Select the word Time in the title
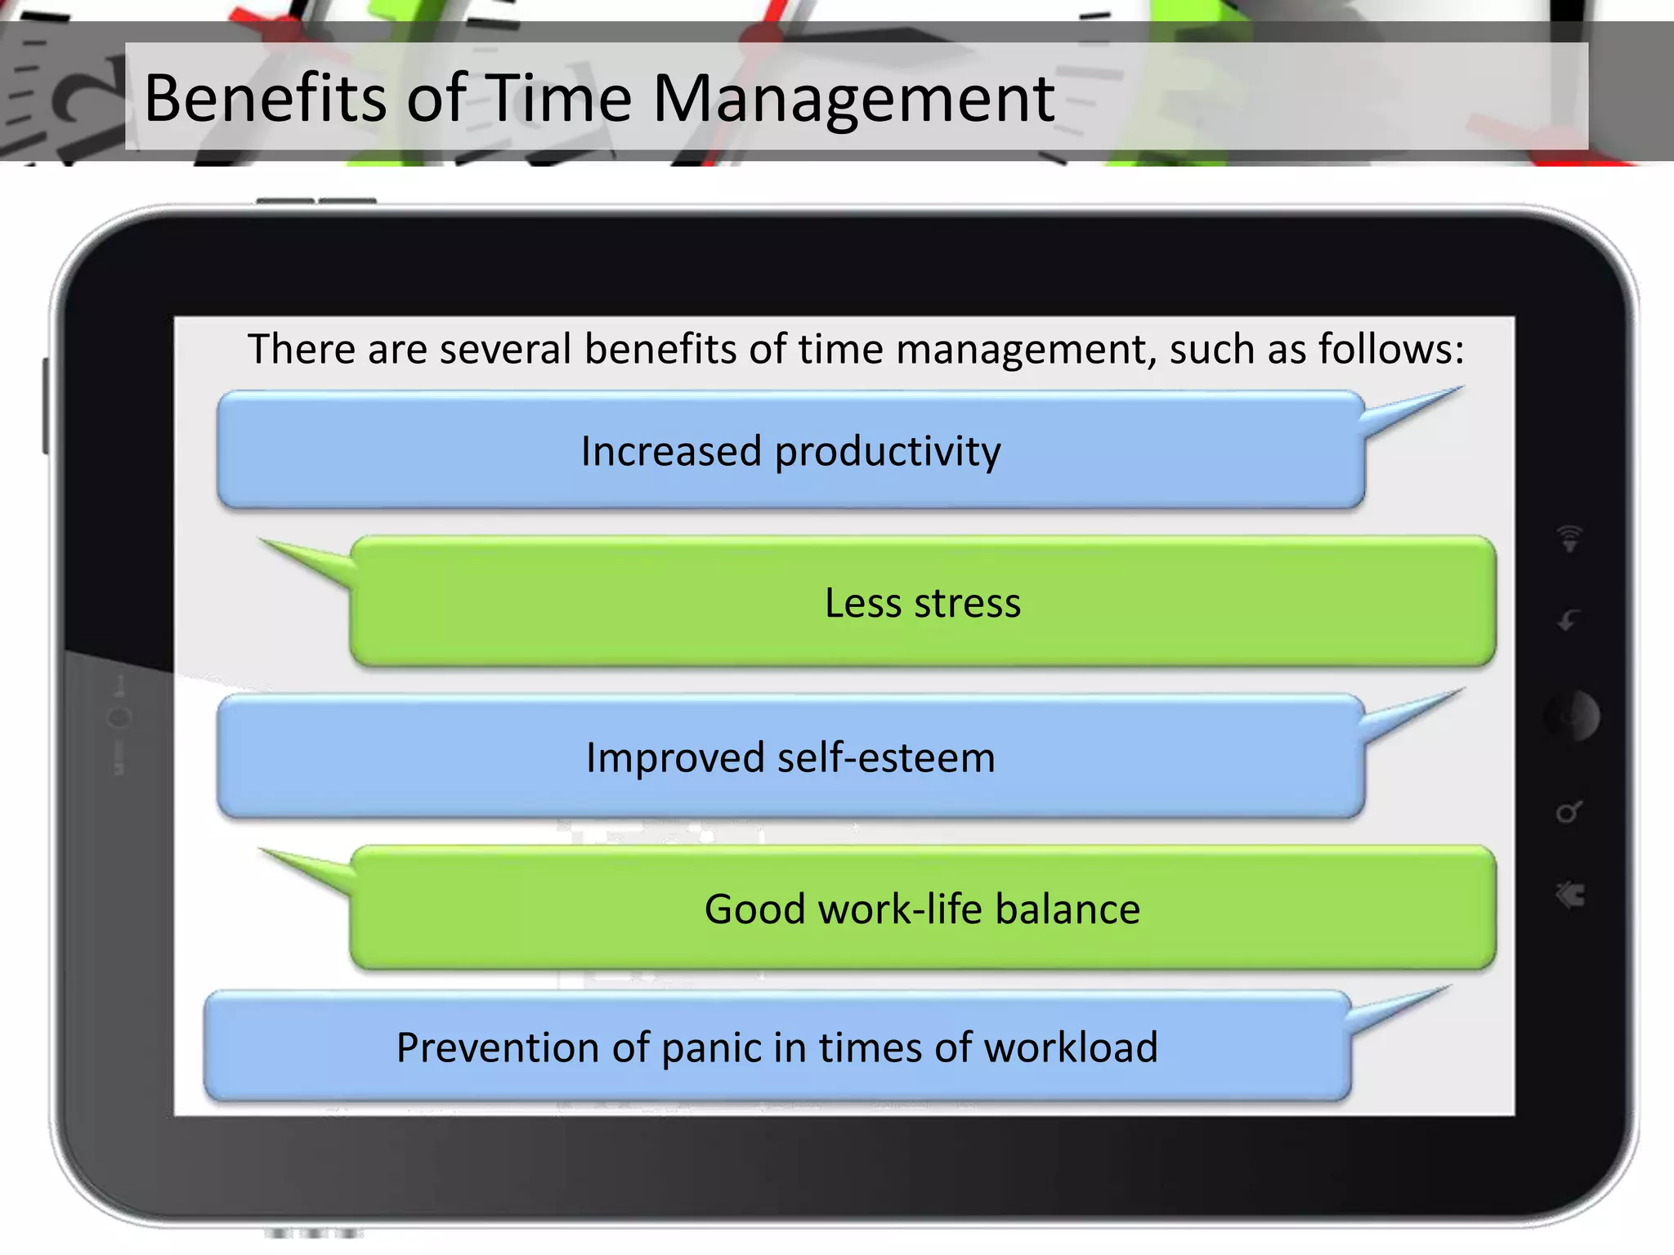561,98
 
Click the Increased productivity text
790,451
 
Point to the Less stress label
922,603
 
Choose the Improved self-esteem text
790,757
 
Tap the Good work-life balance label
922,909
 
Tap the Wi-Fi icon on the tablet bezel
1569,538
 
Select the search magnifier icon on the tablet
1569,811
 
